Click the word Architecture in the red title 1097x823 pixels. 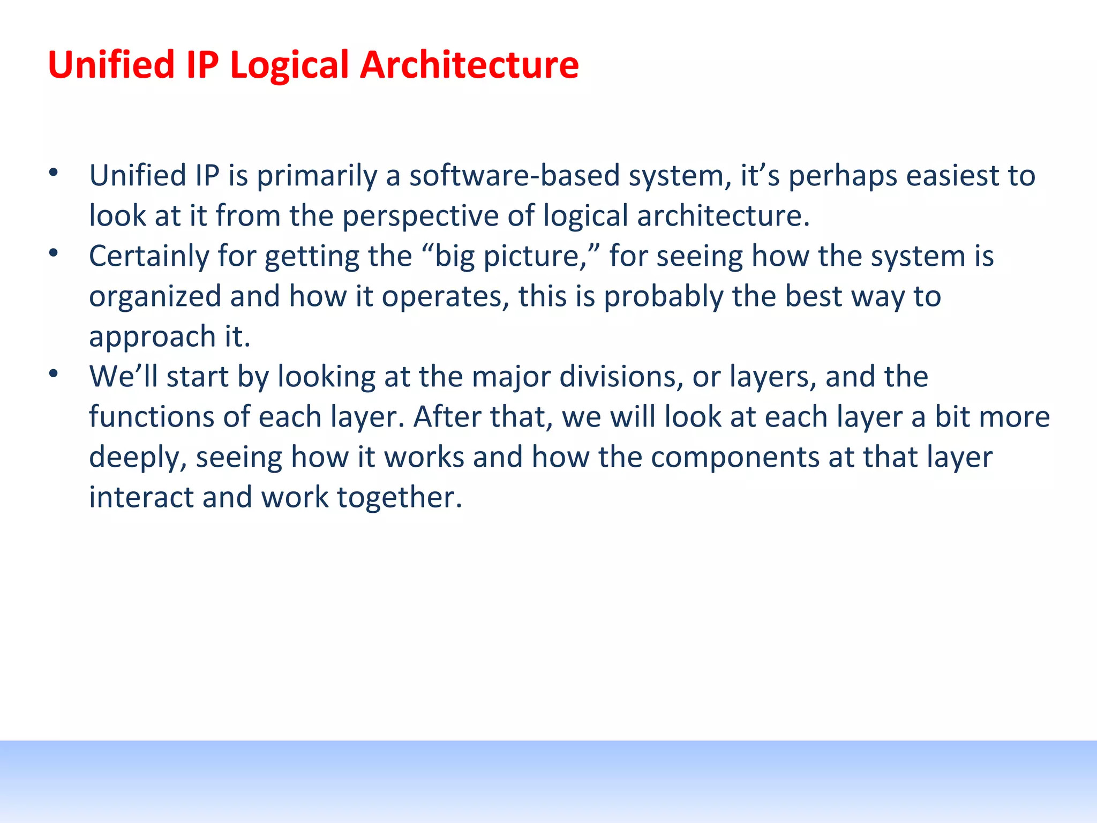469,65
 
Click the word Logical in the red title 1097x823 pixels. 289,65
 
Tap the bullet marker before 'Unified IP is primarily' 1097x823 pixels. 53,173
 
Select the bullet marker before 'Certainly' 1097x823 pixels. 53,253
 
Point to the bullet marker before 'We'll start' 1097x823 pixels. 53,373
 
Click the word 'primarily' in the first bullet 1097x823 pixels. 317,176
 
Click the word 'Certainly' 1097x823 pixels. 149,256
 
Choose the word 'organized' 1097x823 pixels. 155,296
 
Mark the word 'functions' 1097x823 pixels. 152,417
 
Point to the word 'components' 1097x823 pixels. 735,457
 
